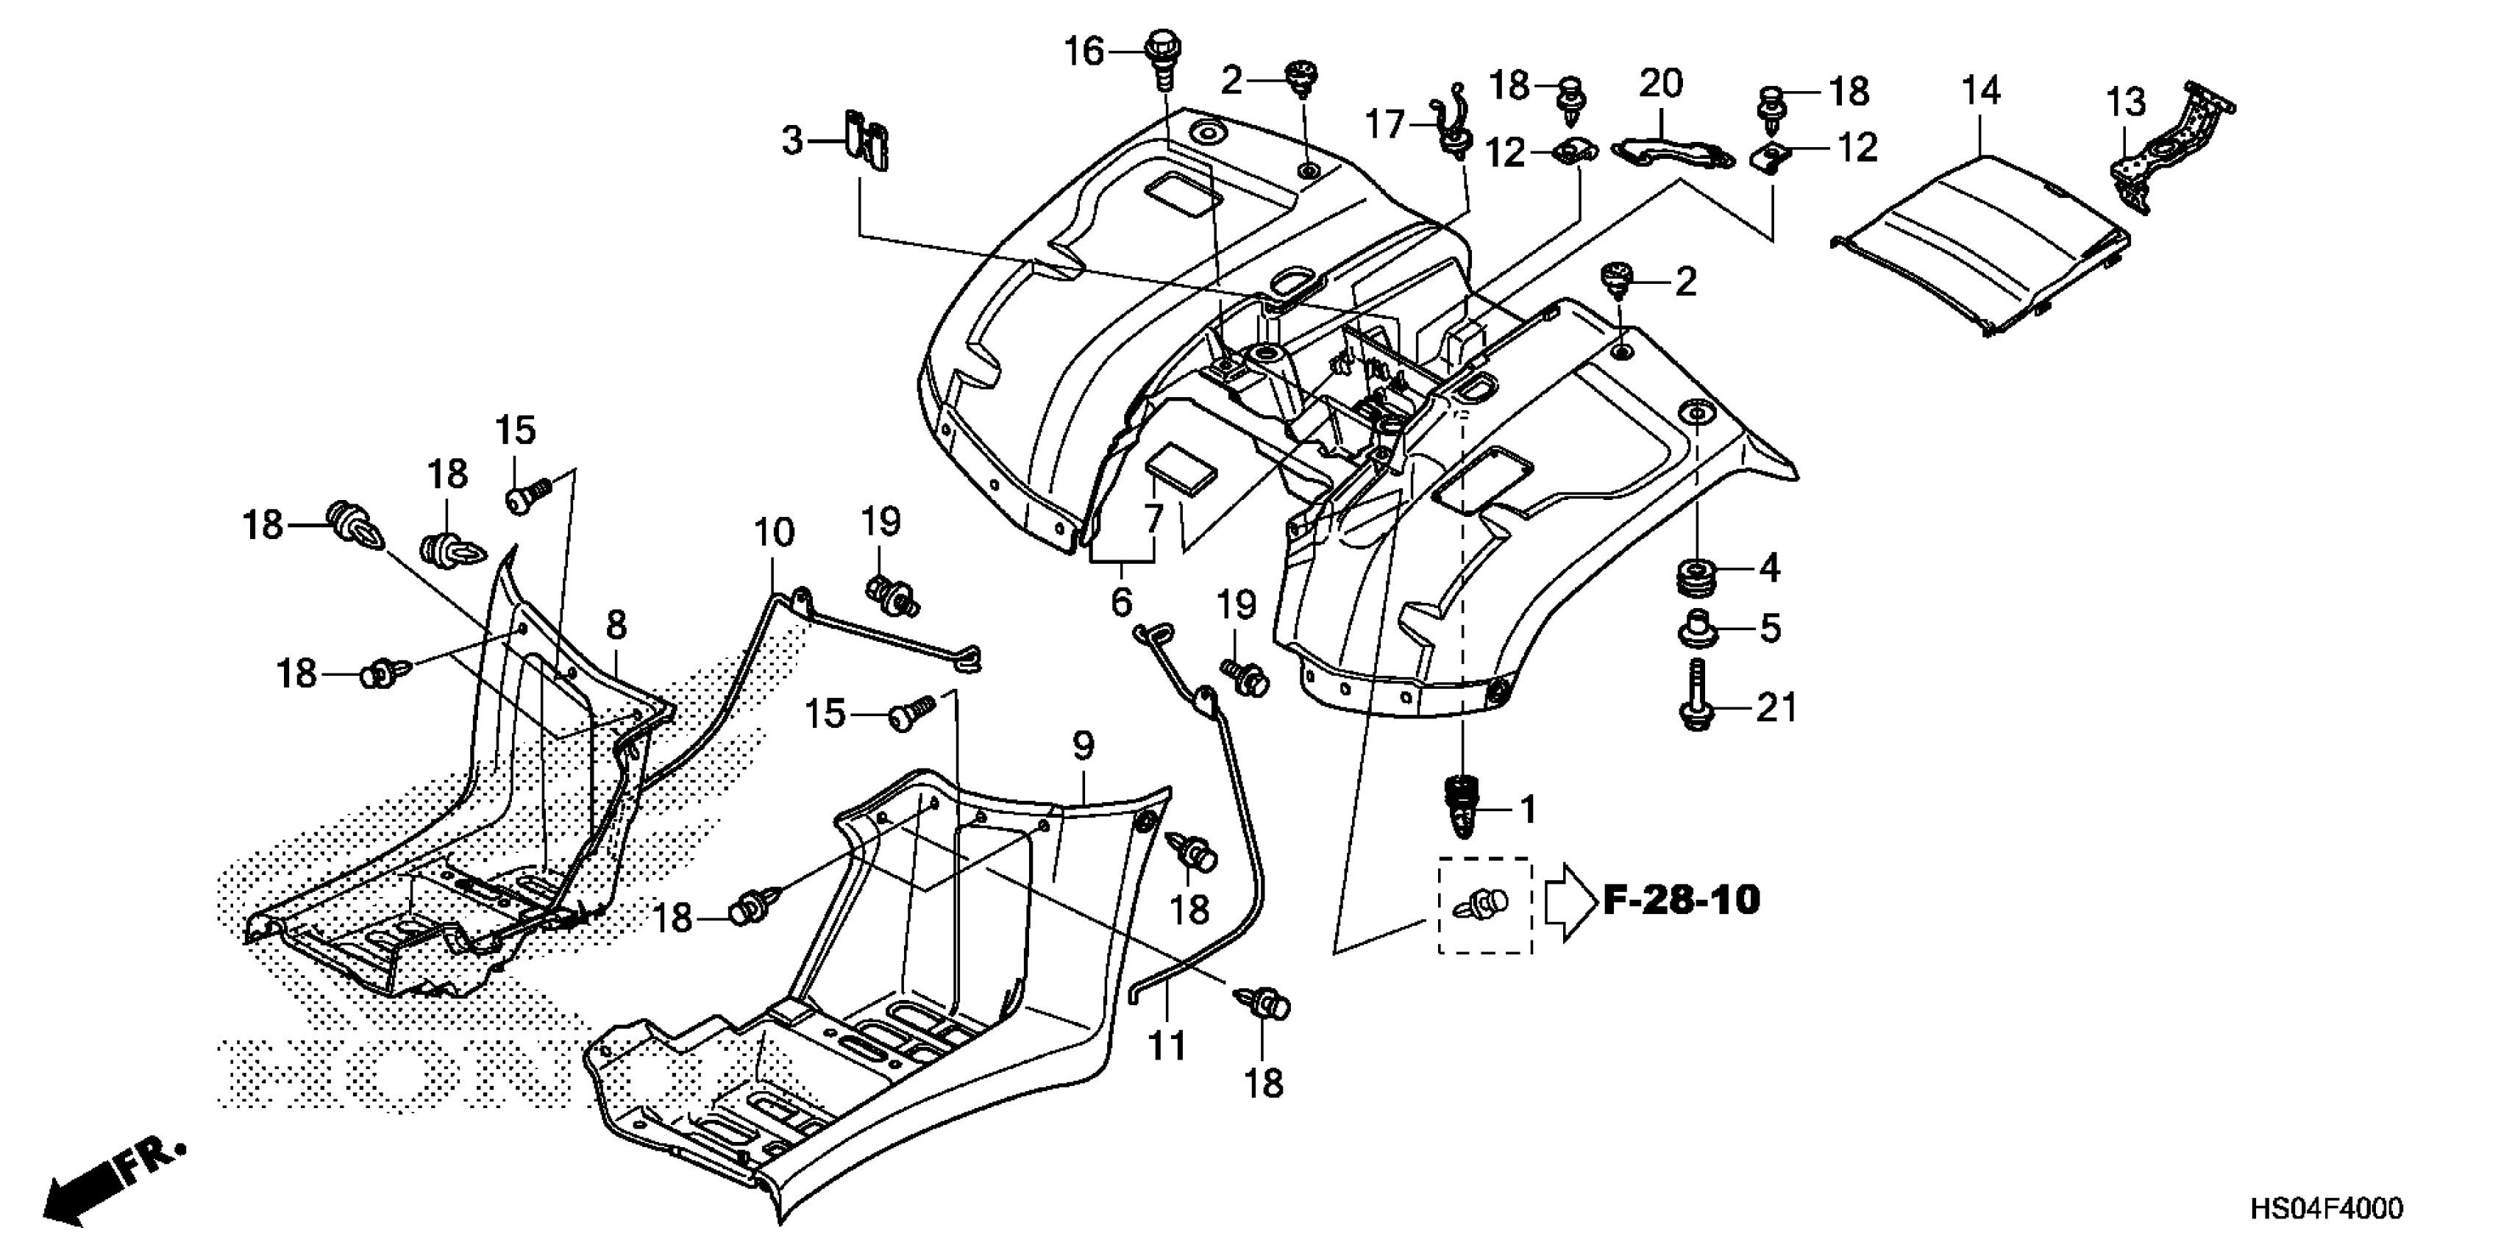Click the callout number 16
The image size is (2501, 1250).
(x=1084, y=51)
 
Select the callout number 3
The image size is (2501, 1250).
(x=793, y=142)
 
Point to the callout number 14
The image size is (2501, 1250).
(x=1981, y=91)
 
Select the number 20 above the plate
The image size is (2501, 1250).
(x=1660, y=84)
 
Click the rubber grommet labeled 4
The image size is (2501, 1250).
(x=1699, y=579)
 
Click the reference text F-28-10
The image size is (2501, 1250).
(x=1681, y=900)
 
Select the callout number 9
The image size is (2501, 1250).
(x=1084, y=746)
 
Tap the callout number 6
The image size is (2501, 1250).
(x=1121, y=603)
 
